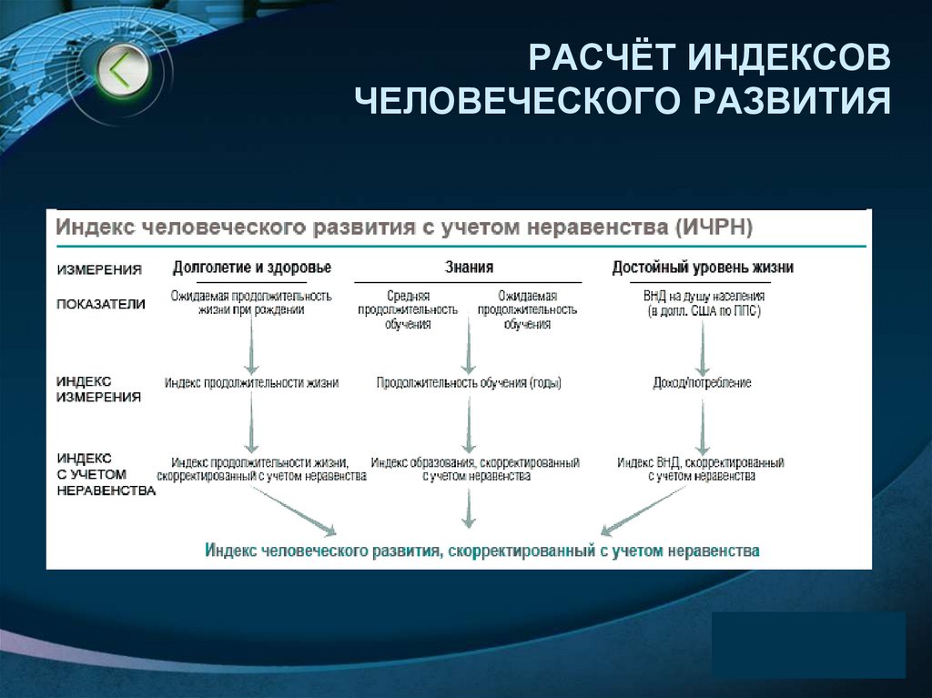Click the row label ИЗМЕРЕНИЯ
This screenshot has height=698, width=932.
(99, 269)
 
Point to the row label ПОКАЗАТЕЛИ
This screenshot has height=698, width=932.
(101, 304)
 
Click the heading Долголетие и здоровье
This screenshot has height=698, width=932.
(252, 268)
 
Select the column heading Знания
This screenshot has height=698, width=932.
(469, 268)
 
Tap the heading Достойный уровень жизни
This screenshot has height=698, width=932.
(703, 268)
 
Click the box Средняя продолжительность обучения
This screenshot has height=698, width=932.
(409, 310)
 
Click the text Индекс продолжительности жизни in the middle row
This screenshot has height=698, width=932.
(251, 383)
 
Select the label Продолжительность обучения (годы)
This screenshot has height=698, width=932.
(469, 383)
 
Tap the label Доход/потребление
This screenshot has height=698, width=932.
(702, 383)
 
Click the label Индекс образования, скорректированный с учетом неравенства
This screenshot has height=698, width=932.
(474, 469)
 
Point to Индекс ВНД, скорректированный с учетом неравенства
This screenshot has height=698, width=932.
(701, 469)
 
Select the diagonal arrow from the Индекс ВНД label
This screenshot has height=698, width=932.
(641, 510)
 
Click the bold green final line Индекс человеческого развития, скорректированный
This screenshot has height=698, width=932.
(481, 551)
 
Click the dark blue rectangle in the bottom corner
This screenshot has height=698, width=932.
(808, 644)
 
